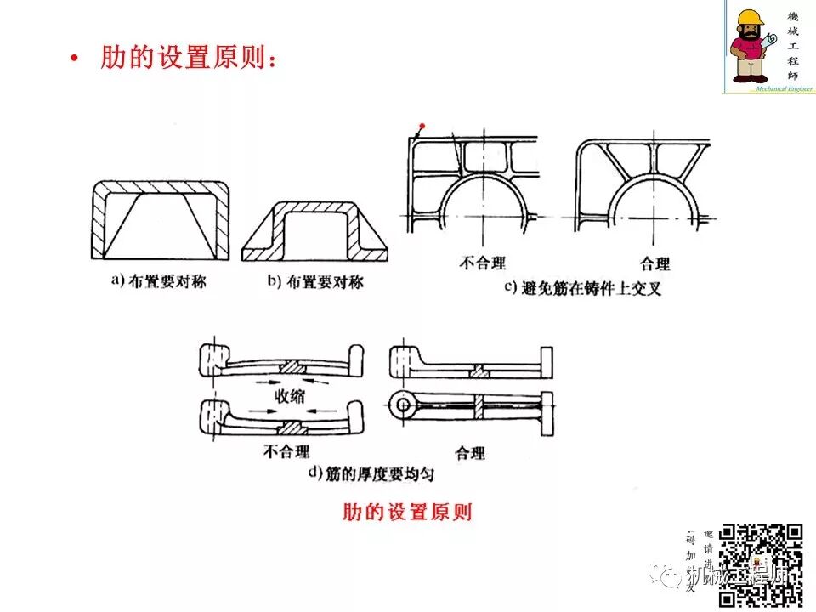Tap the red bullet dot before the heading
[x=76, y=59]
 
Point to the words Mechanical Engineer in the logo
[x=771, y=88]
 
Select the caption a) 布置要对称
[x=158, y=281]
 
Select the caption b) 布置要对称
[x=314, y=281]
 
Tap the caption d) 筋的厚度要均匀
[x=371, y=474]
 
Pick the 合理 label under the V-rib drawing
[x=654, y=263]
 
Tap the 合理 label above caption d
[x=470, y=452]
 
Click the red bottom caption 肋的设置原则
[x=406, y=512]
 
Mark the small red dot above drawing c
[x=422, y=126]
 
